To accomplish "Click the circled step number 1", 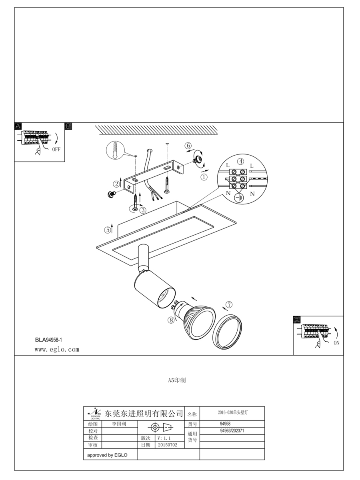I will click(x=204, y=176).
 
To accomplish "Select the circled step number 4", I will click(x=240, y=162).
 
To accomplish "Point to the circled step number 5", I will click(x=108, y=230).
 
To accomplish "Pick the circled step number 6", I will click(x=188, y=146).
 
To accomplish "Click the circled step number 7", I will click(x=228, y=305).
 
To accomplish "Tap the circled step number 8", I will click(x=172, y=320).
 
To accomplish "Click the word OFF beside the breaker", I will click(x=56, y=150).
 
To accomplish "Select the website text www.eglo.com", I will click(x=57, y=350).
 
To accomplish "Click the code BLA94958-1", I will click(x=48, y=340).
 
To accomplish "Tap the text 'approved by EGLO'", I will click(x=107, y=455).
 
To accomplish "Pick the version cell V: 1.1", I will click(x=164, y=438).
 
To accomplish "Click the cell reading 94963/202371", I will click(x=232, y=431).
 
